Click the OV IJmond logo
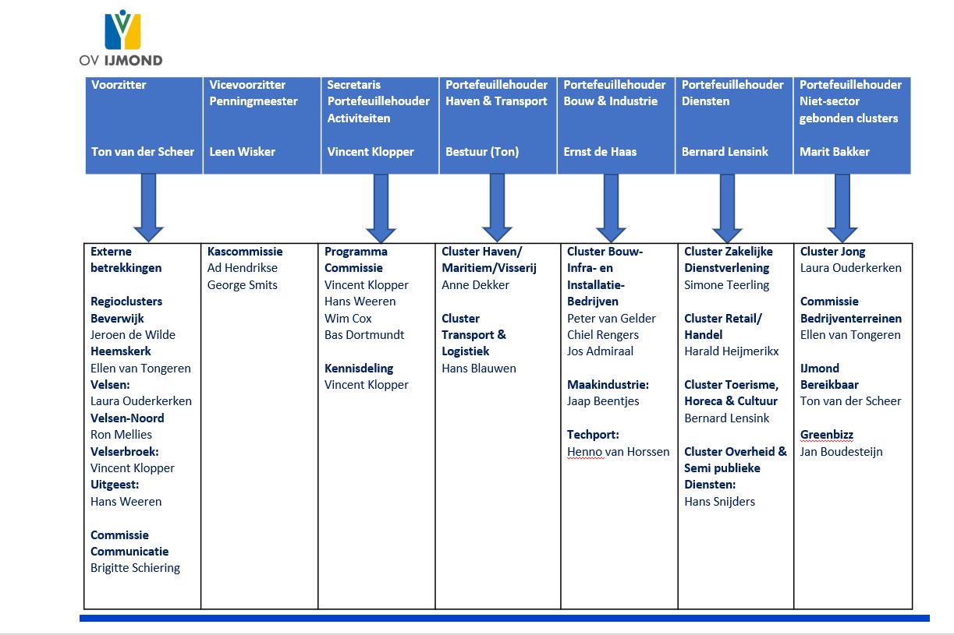point(121,37)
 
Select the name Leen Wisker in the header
point(242,152)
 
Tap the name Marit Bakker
point(835,152)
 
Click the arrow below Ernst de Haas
point(611,208)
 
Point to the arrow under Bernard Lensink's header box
point(727,208)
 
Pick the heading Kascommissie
point(245,252)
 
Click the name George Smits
point(243,285)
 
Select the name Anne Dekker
point(475,285)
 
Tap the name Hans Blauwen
point(479,369)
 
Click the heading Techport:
point(593,435)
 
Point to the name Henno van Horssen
point(618,452)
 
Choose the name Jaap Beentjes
point(603,401)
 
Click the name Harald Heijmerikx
point(731,351)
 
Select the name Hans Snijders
point(719,502)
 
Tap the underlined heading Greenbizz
point(827,435)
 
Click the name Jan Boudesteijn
point(841,452)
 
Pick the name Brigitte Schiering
point(135,568)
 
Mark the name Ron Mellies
point(121,435)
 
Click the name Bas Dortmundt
point(364,335)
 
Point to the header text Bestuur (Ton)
point(482,152)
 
